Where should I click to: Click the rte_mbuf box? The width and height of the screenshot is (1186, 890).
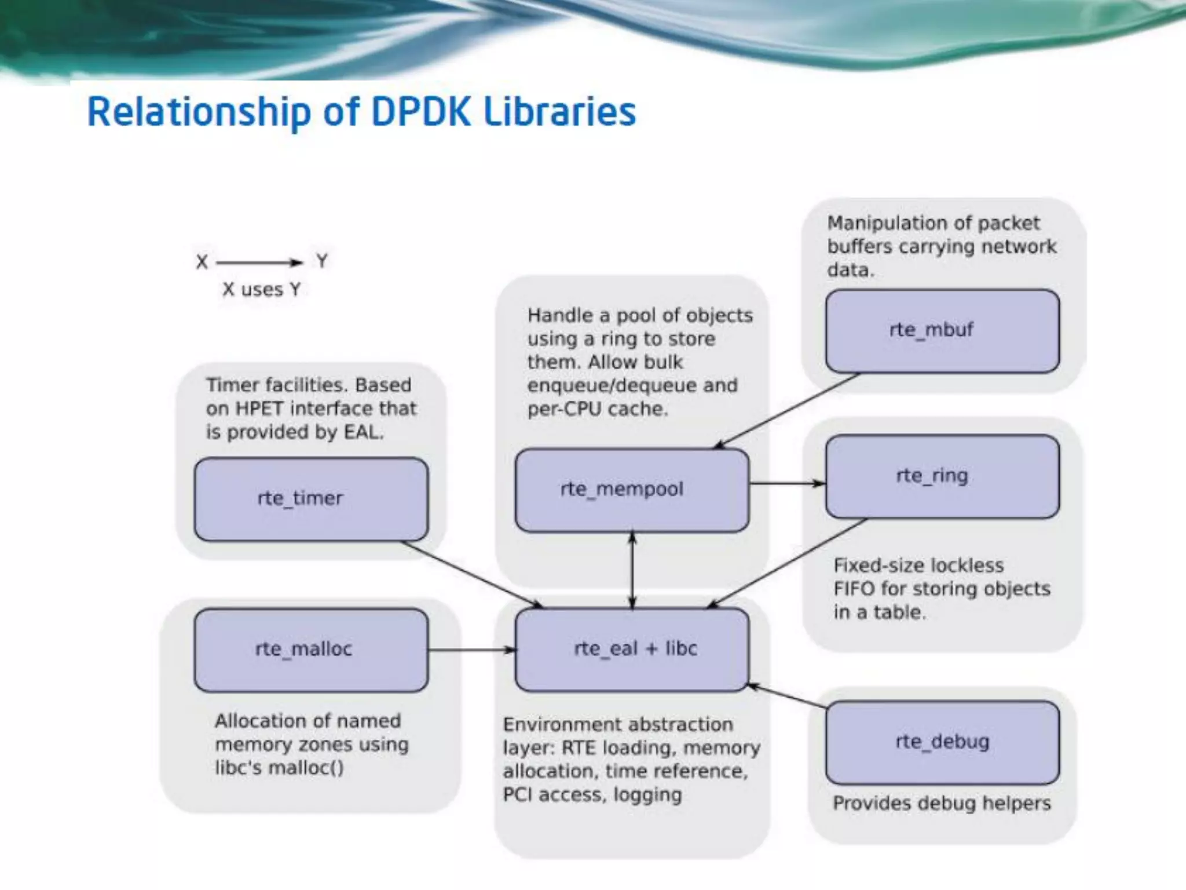click(x=942, y=331)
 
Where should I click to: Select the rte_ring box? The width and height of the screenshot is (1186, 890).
click(x=942, y=476)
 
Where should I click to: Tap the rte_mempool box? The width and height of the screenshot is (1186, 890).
click(x=632, y=490)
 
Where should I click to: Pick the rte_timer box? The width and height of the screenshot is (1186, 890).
click(x=311, y=499)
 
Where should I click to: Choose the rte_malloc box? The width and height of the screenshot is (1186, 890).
click(x=311, y=650)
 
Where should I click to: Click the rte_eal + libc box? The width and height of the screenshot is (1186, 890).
click(x=632, y=650)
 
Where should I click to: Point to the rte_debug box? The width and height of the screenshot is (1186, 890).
click(x=942, y=742)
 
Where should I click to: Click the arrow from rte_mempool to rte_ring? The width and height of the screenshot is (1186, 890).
click(x=786, y=483)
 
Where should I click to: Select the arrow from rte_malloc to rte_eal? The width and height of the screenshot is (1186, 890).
click(x=471, y=650)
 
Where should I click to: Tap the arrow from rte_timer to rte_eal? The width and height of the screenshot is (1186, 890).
click(x=472, y=574)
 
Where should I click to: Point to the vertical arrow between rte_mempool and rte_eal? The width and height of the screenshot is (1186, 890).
click(x=632, y=570)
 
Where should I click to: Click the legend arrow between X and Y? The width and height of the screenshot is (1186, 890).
click(x=259, y=262)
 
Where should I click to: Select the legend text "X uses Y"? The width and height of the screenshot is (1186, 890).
click(x=261, y=289)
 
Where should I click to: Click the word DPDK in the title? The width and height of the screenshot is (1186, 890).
click(x=420, y=112)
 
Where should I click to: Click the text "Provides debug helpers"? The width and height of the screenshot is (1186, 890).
click(x=942, y=804)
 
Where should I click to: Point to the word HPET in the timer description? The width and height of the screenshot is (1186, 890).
click(x=259, y=408)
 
